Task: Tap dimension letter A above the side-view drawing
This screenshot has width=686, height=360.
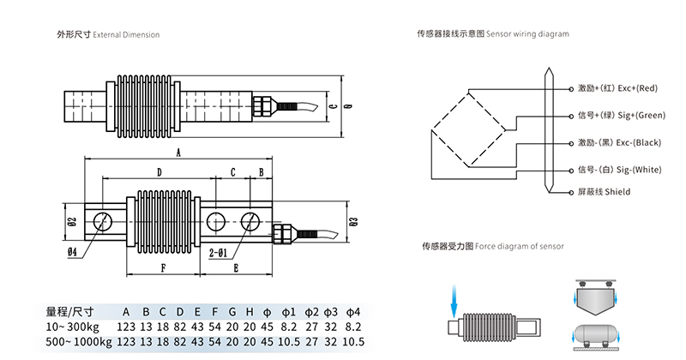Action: (178, 153)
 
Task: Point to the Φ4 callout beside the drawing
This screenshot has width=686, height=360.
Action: (72, 252)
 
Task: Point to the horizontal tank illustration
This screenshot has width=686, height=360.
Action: (595, 333)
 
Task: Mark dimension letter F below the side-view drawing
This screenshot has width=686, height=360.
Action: (163, 267)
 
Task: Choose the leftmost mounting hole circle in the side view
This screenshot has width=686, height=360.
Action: (102, 220)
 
